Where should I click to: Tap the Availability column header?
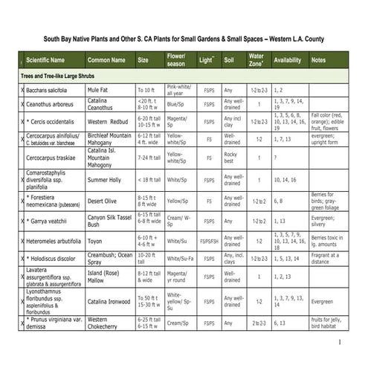click(x=287, y=59)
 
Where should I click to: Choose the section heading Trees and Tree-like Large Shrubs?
click(x=65, y=77)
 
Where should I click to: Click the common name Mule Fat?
click(x=100, y=90)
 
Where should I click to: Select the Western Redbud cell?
click(x=109, y=121)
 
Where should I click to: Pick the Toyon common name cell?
click(x=96, y=241)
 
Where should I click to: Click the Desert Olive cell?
click(x=102, y=201)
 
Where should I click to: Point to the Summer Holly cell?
click(x=104, y=180)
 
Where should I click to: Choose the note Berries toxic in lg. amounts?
click(x=329, y=241)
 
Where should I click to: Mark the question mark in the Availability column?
click(x=275, y=158)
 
